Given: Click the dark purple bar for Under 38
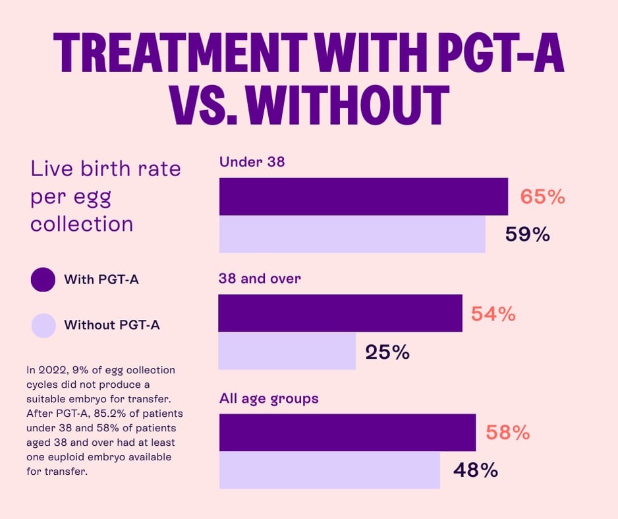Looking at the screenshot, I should point(363,197).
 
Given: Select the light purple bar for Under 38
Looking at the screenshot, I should point(352,234).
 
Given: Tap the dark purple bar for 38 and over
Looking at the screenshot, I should point(340,313).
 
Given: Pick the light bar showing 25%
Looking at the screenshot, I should point(287,351).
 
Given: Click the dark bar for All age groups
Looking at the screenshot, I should point(347,433).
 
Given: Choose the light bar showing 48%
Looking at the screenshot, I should point(329,470).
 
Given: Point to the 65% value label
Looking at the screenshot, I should point(542,197).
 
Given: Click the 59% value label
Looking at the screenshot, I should point(527,234).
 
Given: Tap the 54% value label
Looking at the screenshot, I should point(493,314).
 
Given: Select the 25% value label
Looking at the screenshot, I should point(387,352).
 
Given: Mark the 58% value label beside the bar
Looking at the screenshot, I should point(507,433).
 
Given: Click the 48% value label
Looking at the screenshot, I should point(475,470).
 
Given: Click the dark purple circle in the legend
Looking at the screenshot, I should point(43,279).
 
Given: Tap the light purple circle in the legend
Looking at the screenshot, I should point(43,325).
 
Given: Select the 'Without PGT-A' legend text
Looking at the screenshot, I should point(111,325).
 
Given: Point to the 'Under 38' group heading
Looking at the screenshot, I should point(252,162).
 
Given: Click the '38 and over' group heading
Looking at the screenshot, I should point(260,278).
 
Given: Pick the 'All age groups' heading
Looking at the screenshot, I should point(269,398).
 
